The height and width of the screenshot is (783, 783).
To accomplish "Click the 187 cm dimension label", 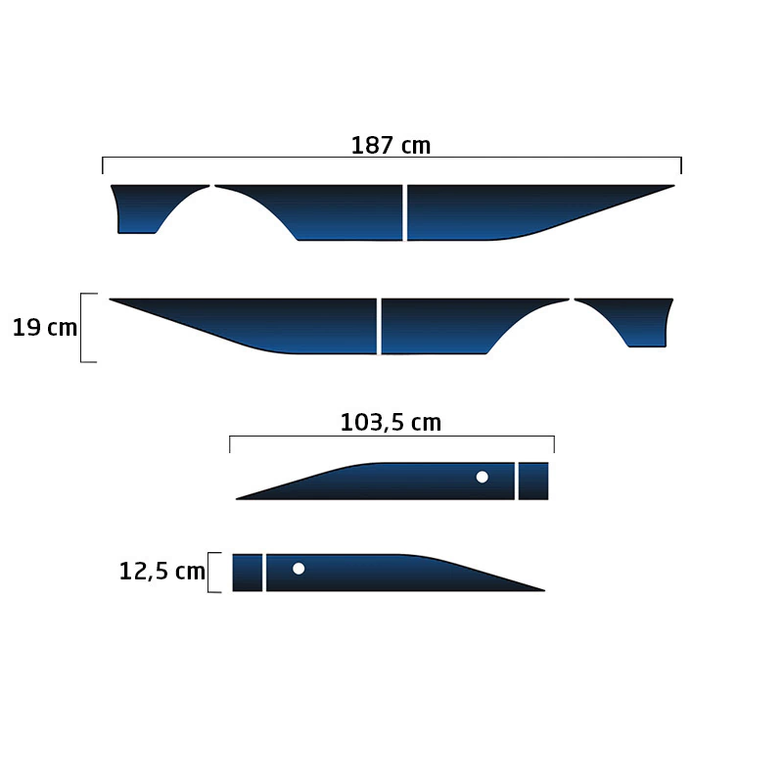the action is (391, 145).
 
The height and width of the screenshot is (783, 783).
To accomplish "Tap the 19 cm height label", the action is (45, 328).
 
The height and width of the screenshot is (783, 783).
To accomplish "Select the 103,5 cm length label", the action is (391, 423).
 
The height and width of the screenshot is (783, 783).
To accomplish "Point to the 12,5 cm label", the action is (162, 571).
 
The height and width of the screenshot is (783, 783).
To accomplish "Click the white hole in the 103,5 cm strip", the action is (482, 477).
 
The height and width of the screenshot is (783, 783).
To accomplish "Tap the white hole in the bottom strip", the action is (299, 569).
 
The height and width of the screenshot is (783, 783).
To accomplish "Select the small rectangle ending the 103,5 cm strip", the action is (533, 481).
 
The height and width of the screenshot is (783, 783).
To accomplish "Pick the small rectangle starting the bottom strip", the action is (248, 573).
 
